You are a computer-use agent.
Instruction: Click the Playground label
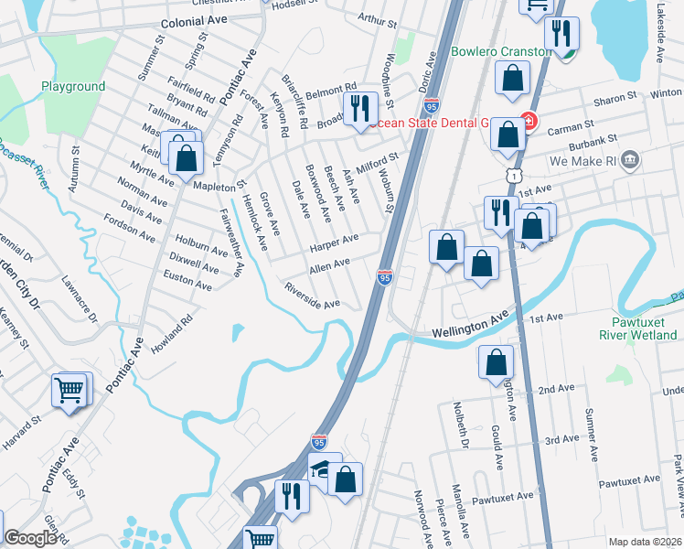pos(73,87)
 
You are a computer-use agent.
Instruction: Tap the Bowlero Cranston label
pos(501,51)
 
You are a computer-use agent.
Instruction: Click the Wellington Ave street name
pos(470,324)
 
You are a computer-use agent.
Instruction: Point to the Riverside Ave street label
pos(313,296)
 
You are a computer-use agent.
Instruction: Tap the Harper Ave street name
pos(333,243)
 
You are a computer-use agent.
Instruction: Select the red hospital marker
pos(528,120)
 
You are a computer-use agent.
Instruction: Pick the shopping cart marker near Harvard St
pos(69,391)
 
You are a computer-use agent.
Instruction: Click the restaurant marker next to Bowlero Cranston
pos(561,35)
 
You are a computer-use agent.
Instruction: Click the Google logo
pos(31,539)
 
